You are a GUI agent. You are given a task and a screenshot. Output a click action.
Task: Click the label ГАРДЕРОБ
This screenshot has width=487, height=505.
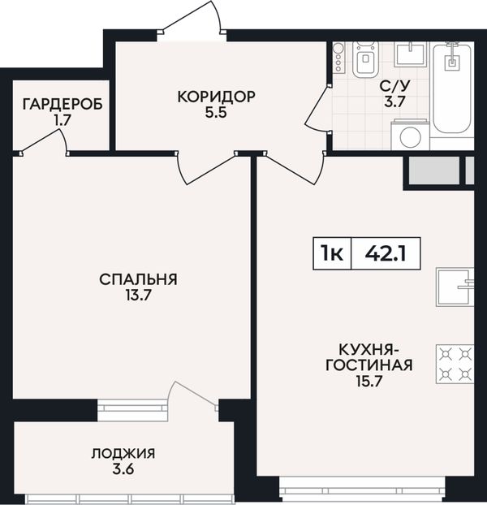[x=62, y=105]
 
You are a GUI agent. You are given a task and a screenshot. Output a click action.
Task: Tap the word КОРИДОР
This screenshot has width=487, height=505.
[x=217, y=97]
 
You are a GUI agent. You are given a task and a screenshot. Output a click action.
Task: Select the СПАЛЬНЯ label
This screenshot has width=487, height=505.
[x=139, y=279]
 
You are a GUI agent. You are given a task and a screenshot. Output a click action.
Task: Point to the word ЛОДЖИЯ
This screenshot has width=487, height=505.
[x=123, y=454]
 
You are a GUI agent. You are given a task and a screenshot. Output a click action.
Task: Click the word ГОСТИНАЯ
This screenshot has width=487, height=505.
[x=369, y=365]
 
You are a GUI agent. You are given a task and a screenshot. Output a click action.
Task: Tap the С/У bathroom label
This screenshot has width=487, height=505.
[x=395, y=86]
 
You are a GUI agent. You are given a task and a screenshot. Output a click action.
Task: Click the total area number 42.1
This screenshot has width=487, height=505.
[x=386, y=253]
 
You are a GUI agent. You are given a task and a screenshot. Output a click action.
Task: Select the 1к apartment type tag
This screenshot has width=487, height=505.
[x=332, y=253]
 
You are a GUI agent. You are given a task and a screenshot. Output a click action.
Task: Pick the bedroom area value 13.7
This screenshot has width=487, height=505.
[x=139, y=296]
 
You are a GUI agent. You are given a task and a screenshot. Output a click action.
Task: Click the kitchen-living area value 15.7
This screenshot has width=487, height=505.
[x=368, y=382]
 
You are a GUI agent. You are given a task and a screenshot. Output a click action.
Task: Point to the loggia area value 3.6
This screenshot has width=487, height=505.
[x=123, y=469]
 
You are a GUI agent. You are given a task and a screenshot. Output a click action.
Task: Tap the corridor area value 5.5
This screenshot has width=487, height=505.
[x=217, y=113]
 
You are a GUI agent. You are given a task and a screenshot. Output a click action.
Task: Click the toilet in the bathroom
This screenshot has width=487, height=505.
[x=365, y=59]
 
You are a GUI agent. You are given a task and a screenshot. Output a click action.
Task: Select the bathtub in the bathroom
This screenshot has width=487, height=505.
[x=451, y=88]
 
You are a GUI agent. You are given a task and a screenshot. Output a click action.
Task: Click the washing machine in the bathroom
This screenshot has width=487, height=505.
[x=411, y=135]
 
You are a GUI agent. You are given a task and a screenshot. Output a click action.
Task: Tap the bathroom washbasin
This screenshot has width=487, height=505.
[x=410, y=54]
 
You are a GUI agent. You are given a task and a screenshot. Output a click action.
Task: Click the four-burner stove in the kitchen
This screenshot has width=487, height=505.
[x=455, y=365]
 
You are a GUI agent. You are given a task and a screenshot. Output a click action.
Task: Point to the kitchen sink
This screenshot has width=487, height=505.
[x=455, y=287]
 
